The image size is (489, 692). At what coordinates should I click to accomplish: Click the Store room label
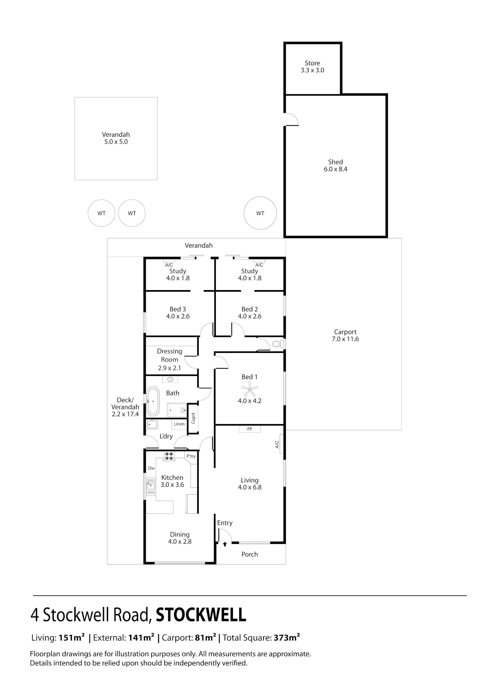coord(312,63)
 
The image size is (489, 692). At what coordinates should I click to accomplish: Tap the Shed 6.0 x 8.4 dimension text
coord(335,169)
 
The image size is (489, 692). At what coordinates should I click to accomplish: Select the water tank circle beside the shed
coord(260,213)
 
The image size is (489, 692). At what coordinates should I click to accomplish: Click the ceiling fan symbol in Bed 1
coord(250,389)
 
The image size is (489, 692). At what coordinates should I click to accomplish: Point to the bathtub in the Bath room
coord(153,401)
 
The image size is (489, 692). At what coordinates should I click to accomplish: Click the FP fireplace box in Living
coord(250,429)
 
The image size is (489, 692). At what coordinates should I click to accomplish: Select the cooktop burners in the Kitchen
coord(169,456)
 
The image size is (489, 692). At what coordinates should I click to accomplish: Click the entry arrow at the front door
coord(225,544)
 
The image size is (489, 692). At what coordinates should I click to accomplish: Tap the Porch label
coord(250,554)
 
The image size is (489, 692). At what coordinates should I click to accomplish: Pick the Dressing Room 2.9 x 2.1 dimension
coord(170,368)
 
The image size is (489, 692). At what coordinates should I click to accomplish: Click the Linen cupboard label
coord(179,424)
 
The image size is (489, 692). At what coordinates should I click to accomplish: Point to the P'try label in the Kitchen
coord(191,456)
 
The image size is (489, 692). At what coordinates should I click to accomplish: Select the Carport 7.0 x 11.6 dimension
coord(345,339)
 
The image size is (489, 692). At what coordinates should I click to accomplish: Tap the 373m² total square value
coord(287,638)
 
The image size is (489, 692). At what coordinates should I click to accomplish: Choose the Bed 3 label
coord(178,309)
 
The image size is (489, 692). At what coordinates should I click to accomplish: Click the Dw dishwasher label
coord(151,468)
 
